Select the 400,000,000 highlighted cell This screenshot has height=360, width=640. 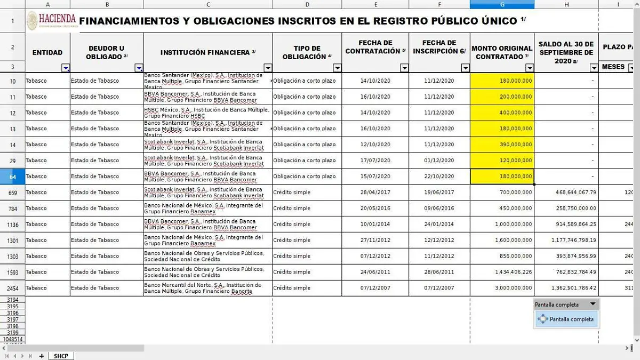pyautogui.click(x=502, y=113)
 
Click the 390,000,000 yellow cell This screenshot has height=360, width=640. pyautogui.click(x=502, y=145)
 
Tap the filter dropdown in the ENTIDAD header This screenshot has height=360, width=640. pyautogui.click(x=66, y=68)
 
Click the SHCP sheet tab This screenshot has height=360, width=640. pyautogui.click(x=61, y=356)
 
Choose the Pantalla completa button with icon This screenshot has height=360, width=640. pyautogui.click(x=566, y=319)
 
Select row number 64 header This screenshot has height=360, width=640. pyautogui.click(x=13, y=177)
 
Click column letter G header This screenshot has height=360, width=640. pyautogui.click(x=502, y=4)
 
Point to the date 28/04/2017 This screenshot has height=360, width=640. pyautogui.click(x=375, y=193)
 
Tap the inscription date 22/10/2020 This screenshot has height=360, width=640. pyautogui.click(x=439, y=177)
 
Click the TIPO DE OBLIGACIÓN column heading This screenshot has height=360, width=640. pyautogui.click(x=307, y=52)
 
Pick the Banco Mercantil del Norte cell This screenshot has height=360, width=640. pyautogui.click(x=207, y=288)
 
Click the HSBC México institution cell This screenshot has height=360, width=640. pyautogui.click(x=207, y=113)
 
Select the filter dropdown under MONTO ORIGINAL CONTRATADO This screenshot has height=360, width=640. pyautogui.click(x=529, y=68)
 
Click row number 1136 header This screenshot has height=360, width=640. pyautogui.click(x=13, y=225)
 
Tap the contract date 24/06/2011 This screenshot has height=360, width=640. pyautogui.click(x=375, y=272)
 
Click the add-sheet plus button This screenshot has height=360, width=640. pyautogui.click(x=41, y=356)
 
